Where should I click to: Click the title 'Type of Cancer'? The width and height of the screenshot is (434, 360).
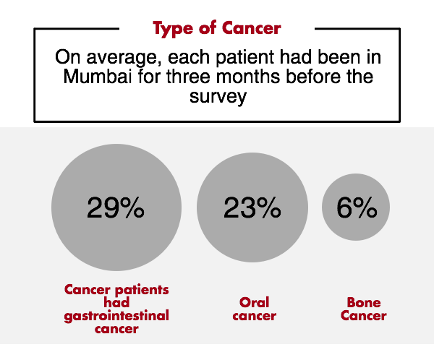point(216,28)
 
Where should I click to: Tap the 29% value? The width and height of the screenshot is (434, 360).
point(116,208)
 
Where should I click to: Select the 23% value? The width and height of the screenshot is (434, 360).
point(252,208)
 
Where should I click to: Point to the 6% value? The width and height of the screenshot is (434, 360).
point(357,208)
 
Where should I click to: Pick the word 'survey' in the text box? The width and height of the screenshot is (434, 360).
point(216,96)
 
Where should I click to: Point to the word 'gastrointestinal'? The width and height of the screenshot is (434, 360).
point(116,315)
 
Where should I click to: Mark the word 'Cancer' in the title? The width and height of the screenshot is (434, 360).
point(252,28)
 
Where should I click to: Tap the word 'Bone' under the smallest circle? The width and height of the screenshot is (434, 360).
point(363,302)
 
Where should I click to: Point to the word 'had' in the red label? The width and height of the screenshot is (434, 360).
point(116,302)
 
